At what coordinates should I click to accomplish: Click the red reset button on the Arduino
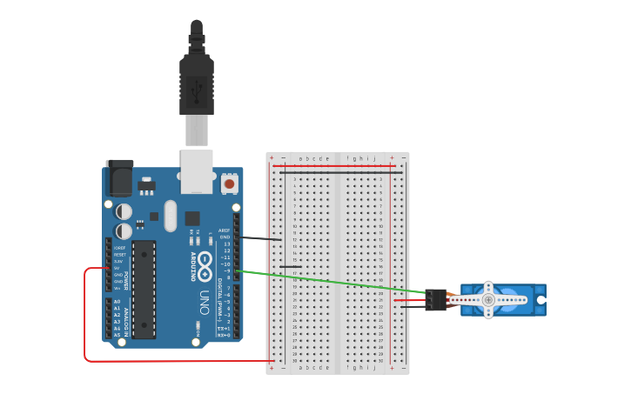click(229, 183)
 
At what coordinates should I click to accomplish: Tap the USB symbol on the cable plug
click(197, 87)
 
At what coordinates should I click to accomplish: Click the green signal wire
click(331, 282)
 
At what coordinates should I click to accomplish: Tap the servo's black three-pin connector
click(436, 300)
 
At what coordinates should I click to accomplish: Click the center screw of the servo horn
click(488, 300)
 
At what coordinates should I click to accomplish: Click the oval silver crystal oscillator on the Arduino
click(170, 216)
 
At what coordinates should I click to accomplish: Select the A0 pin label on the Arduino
click(117, 302)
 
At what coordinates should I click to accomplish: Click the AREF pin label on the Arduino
click(224, 230)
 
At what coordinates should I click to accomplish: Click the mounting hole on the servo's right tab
click(541, 300)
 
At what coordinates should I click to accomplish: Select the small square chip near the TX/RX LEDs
click(192, 218)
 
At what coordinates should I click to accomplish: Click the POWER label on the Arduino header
click(126, 280)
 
